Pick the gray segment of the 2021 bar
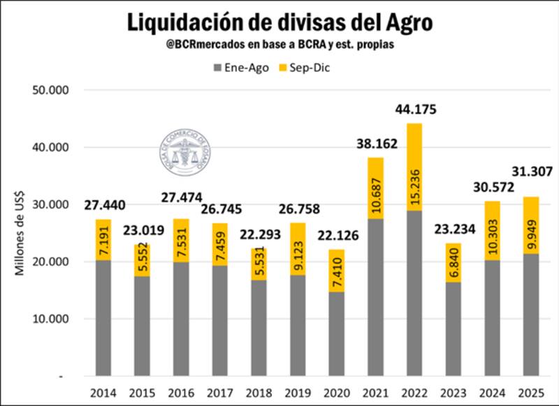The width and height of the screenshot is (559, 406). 376,297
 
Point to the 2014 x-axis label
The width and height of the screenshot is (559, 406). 103,391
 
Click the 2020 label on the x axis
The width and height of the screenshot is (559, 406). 337,391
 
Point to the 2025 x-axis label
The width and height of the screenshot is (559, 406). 531,391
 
